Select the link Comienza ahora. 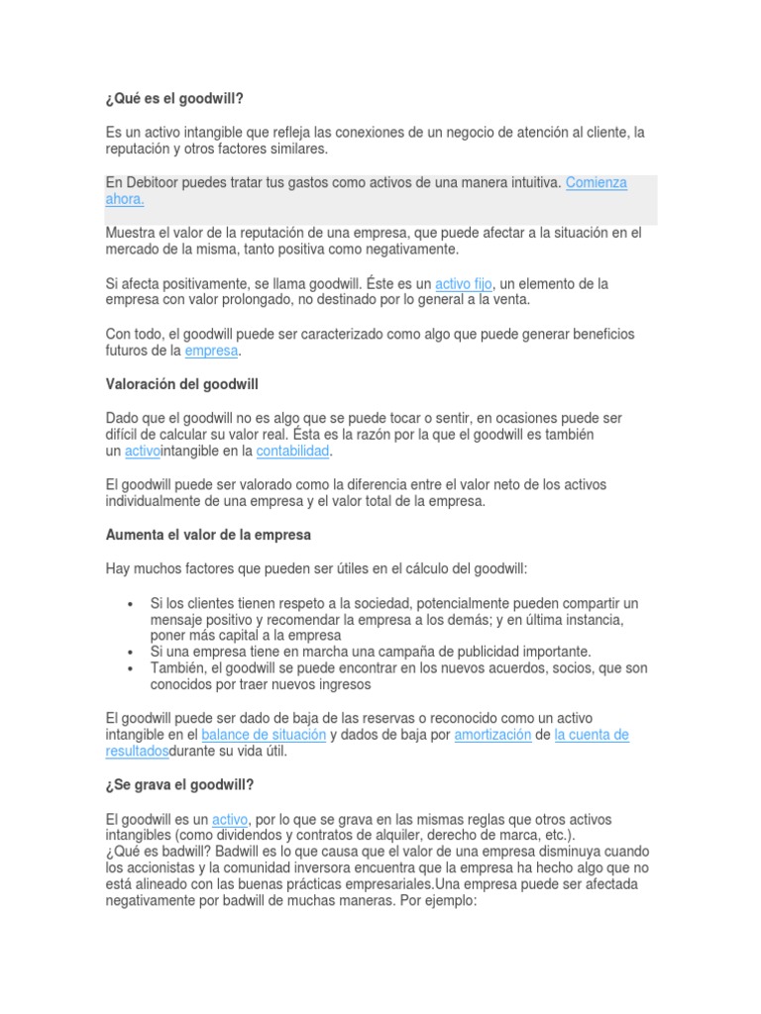tap(596, 183)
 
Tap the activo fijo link tap(463, 283)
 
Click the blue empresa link tap(211, 351)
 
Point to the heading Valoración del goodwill tap(181, 383)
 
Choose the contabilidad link tap(292, 452)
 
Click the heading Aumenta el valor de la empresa tap(208, 535)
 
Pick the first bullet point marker tap(131, 604)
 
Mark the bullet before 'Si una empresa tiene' tap(131, 652)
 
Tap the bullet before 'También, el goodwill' tap(131, 668)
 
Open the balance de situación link tap(264, 735)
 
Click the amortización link tap(492, 735)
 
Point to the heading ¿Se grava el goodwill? tap(179, 785)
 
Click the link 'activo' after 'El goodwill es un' tap(230, 820)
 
